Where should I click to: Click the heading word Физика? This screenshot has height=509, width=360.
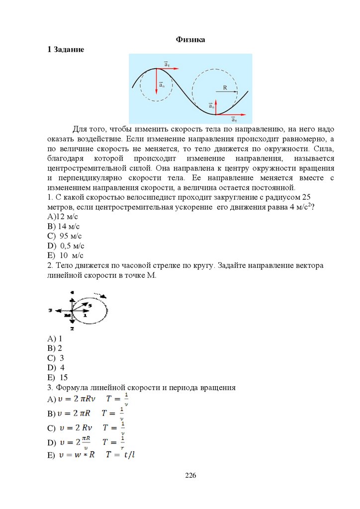pos(190,40)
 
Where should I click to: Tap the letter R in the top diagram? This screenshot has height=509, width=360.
pos(225,87)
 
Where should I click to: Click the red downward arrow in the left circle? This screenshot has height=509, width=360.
pos(157,81)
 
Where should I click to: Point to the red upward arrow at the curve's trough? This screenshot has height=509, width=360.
pos(215,107)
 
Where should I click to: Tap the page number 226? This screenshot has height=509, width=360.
pos(190,476)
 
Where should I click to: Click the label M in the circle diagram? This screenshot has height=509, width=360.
pos(67,315)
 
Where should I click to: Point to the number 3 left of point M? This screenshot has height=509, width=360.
pos(50,310)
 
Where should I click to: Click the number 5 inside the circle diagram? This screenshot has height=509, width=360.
pos(90,304)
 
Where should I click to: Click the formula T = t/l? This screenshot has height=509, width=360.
pos(120,455)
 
